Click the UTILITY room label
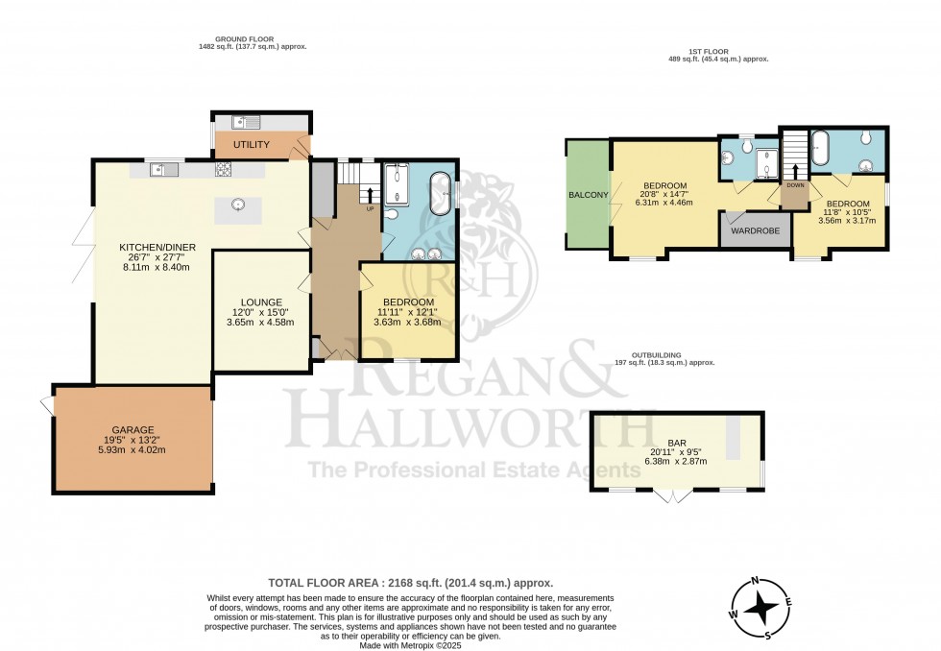(x=251, y=145)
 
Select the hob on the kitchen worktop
(x=224, y=169)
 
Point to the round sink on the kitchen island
(x=237, y=204)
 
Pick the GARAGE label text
(x=133, y=429)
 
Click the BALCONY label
(x=587, y=195)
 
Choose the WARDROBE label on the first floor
(x=754, y=230)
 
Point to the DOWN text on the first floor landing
(x=795, y=184)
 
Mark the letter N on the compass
(x=756, y=581)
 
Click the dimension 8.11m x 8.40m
(x=157, y=268)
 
